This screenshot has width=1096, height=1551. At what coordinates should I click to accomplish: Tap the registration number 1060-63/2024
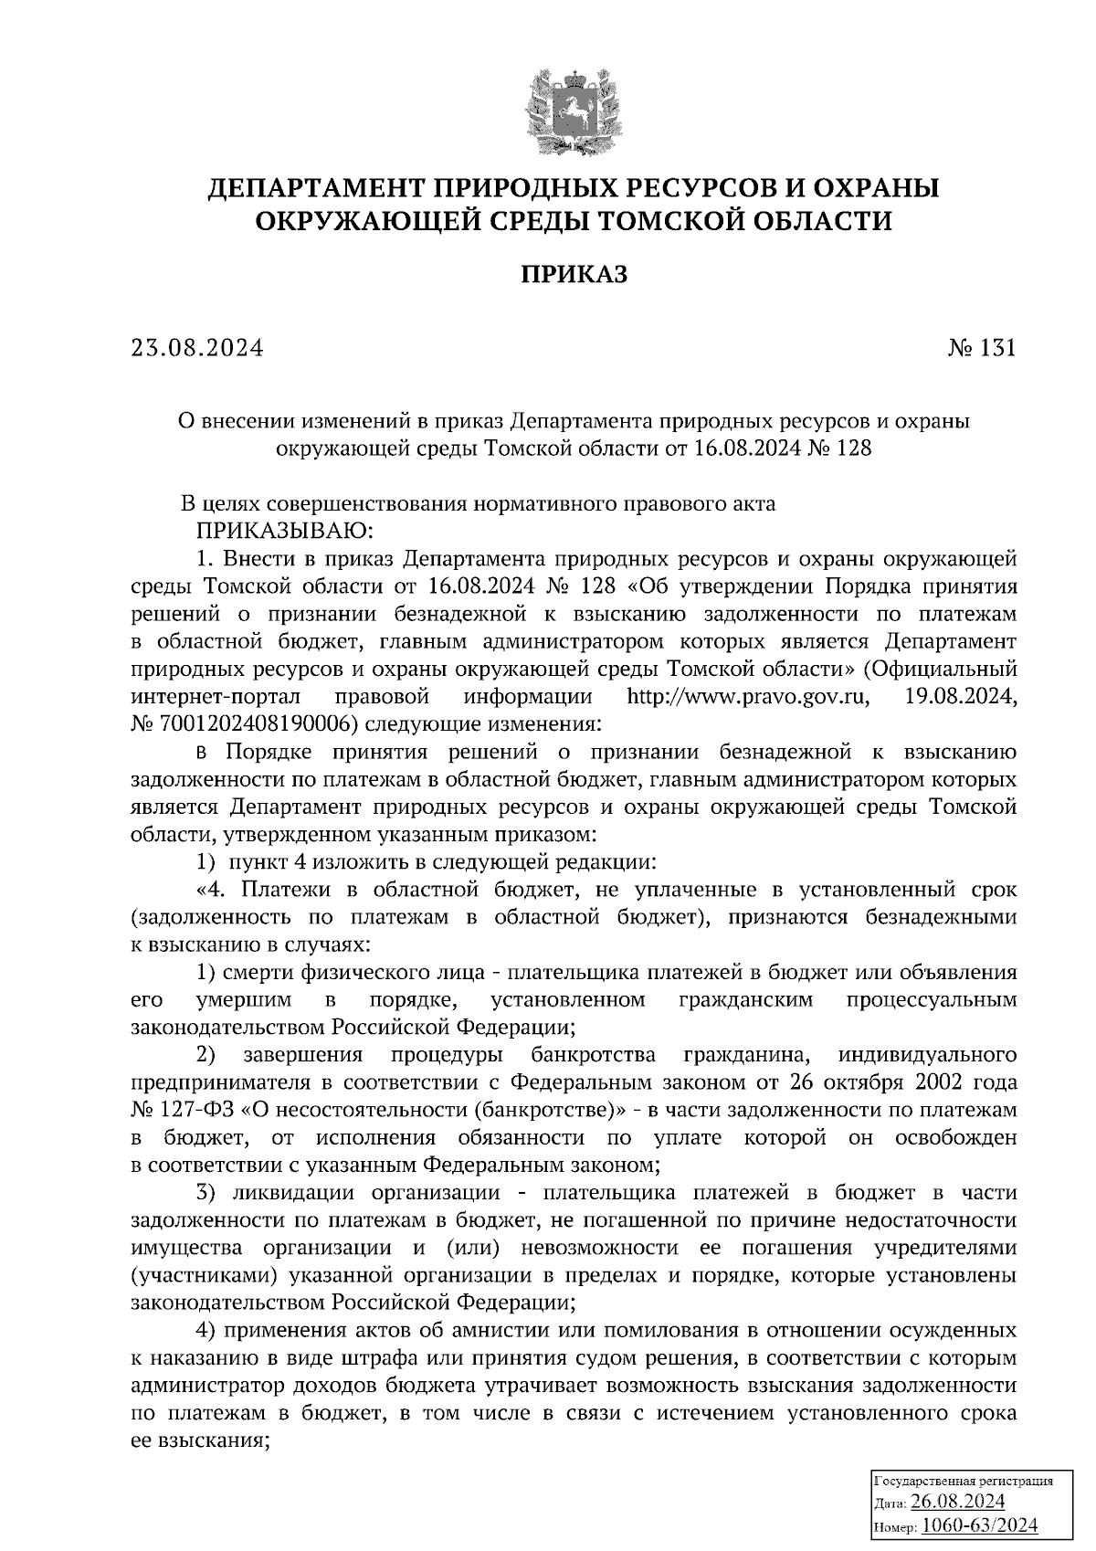pos(980,1525)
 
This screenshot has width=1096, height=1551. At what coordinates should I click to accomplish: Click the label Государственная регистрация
pos(964,1480)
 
